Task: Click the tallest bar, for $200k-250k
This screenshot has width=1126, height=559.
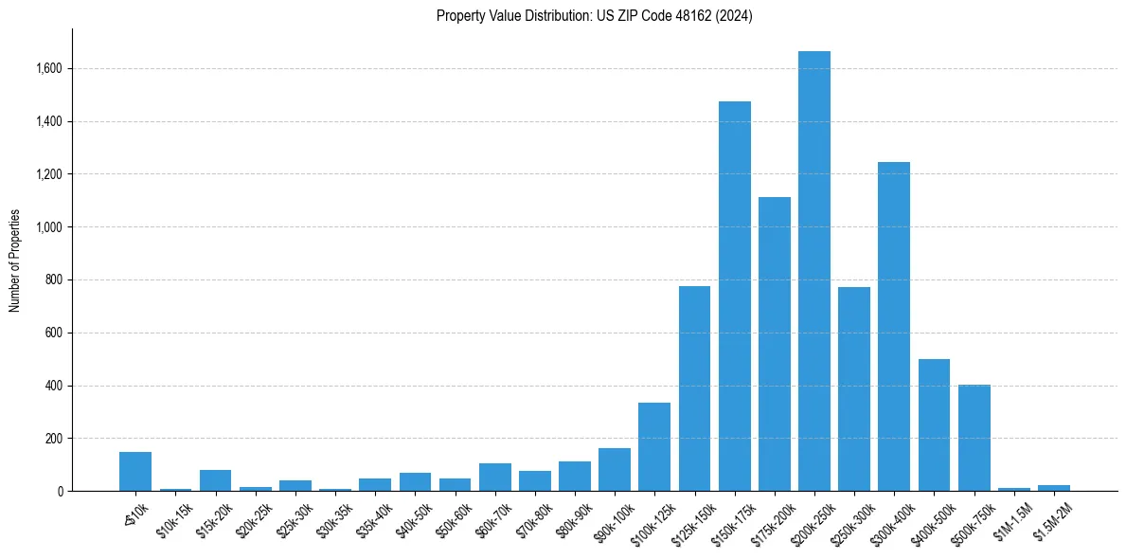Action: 813,275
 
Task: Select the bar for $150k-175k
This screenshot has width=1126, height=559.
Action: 734,298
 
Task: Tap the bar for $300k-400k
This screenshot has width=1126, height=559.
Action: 893,327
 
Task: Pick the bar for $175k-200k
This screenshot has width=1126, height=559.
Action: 774,346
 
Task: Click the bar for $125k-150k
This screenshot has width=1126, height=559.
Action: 694,388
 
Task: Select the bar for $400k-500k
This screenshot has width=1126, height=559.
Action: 934,426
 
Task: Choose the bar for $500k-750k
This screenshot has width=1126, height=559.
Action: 974,438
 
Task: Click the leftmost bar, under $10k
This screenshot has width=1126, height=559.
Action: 135,472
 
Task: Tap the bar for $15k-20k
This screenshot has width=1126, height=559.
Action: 215,480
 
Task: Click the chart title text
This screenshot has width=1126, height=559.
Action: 594,16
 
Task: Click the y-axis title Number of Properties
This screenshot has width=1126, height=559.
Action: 15,261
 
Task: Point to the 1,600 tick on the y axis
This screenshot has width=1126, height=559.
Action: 49,68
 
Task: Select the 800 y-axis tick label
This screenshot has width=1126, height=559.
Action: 54,280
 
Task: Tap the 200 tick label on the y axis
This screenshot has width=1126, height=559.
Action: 54,439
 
